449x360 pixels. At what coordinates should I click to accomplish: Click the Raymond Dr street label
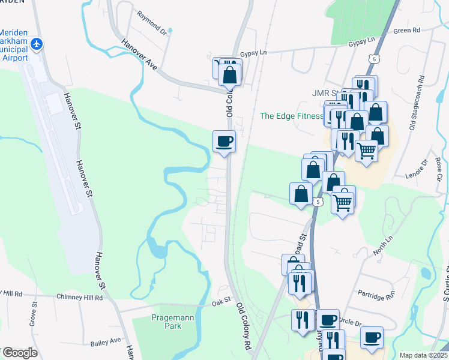[x=151, y=22]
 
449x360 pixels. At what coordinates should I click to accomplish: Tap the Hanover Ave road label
[x=139, y=55]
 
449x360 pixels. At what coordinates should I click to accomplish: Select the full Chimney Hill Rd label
[x=80, y=297]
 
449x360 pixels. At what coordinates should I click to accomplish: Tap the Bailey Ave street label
[x=106, y=342]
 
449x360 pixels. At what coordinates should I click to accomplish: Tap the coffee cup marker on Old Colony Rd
[x=224, y=142]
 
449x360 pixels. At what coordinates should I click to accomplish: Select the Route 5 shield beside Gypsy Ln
[x=374, y=59]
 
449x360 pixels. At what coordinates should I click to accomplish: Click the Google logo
[x=19, y=353]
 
